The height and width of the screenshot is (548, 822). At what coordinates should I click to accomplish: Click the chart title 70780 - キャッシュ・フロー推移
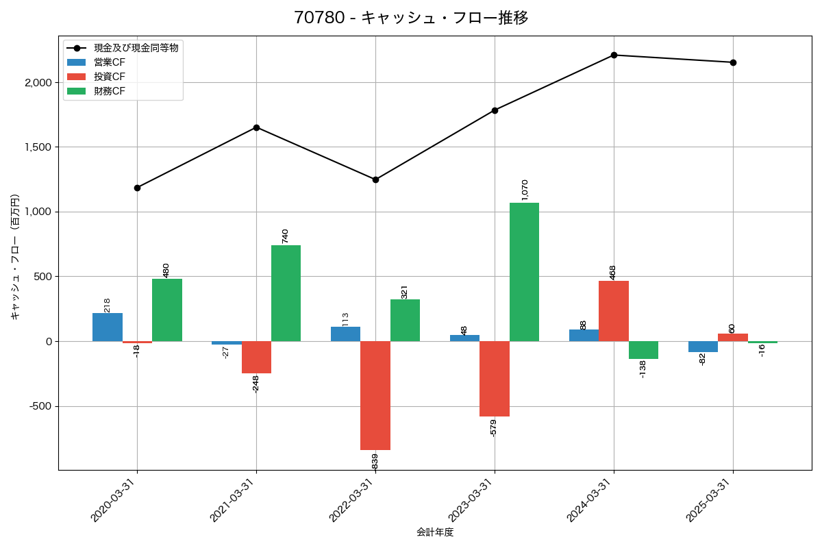point(411,18)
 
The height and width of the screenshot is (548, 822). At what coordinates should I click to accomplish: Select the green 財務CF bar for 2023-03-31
point(524,272)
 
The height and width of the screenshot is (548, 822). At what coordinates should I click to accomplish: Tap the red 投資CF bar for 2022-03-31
point(375,395)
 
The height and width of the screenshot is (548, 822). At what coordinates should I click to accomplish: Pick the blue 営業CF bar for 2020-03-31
point(108,327)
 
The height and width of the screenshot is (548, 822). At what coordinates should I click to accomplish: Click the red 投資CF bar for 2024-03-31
point(614,311)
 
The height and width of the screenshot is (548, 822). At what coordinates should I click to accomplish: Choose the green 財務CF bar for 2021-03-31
point(286,293)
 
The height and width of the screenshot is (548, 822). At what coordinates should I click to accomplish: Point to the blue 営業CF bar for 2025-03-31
point(703,347)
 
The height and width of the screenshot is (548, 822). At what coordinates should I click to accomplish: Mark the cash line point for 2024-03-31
point(614,55)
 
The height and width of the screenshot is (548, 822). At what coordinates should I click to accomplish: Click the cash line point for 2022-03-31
point(375,179)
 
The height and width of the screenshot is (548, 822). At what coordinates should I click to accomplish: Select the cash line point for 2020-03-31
point(137,188)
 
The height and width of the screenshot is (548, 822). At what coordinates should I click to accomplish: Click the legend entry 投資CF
point(110,76)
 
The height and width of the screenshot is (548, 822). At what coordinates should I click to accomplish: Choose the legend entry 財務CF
point(110,90)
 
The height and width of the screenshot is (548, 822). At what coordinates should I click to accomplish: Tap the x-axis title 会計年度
point(435,532)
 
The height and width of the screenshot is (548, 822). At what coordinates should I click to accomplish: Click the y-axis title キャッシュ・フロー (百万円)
point(15,256)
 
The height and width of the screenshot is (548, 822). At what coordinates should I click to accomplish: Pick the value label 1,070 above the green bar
point(525,190)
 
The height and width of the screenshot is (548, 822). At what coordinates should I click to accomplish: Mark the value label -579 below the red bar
point(493,427)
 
